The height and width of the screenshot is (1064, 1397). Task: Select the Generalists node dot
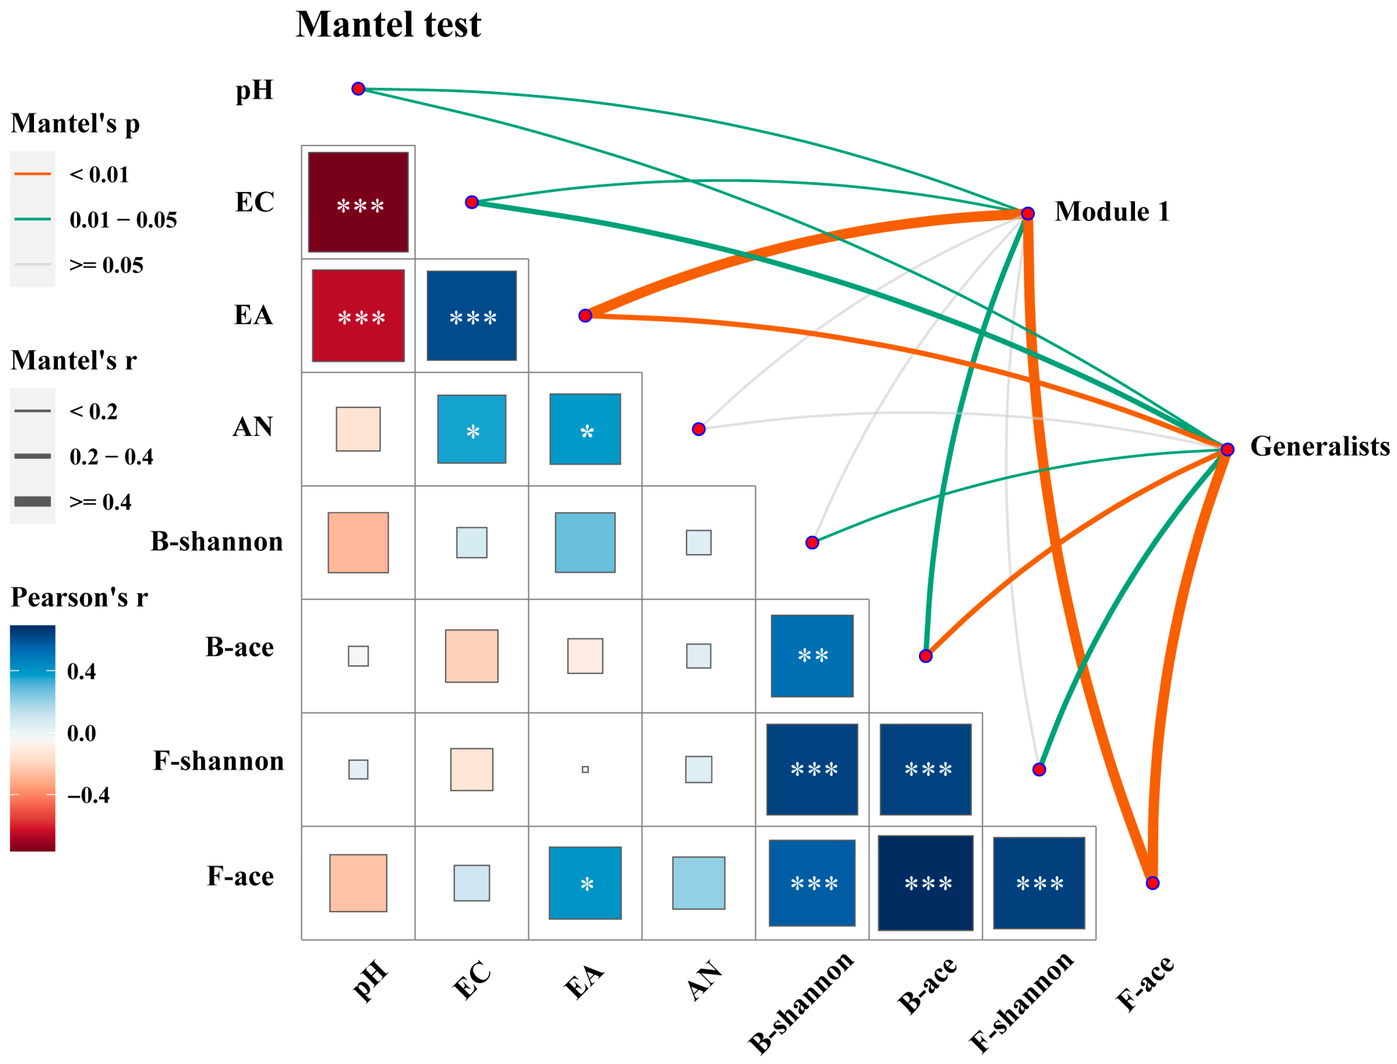(x=1227, y=449)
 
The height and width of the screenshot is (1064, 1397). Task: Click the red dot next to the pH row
(x=358, y=89)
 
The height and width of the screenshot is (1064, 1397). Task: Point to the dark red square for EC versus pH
(x=358, y=202)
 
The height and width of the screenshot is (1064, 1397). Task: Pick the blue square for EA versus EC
(x=472, y=315)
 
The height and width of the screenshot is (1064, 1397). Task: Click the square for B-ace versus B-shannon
(x=812, y=655)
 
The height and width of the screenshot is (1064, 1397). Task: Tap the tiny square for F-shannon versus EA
(x=585, y=769)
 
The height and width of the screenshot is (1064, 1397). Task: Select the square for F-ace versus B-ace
(x=925, y=883)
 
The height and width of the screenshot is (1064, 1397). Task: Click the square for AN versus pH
(x=358, y=429)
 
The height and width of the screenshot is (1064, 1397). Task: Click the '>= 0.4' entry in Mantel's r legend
(x=100, y=502)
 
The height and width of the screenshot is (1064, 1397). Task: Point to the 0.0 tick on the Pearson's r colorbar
(x=81, y=733)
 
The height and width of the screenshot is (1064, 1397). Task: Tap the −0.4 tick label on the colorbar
(x=89, y=795)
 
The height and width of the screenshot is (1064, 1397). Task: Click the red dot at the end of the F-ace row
(x=1153, y=883)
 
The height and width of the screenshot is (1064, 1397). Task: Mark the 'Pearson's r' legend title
(x=79, y=597)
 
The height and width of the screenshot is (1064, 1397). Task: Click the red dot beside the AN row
(x=699, y=429)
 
